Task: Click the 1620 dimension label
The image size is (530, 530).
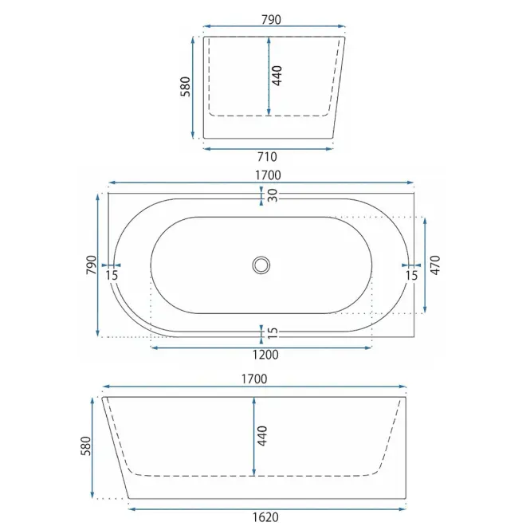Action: pyautogui.click(x=265, y=517)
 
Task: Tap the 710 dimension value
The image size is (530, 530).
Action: pyautogui.click(x=267, y=157)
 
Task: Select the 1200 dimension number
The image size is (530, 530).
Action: pyautogui.click(x=265, y=355)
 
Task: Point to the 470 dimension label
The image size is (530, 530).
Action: pyautogui.click(x=435, y=265)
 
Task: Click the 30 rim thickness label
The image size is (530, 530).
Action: pyautogui.click(x=273, y=195)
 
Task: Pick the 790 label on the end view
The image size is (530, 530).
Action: pyautogui.click(x=272, y=20)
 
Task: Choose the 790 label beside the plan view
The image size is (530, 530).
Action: pyautogui.click(x=92, y=265)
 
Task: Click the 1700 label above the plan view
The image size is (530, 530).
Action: pyautogui.click(x=268, y=175)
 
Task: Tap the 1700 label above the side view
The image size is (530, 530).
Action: pyautogui.click(x=254, y=379)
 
